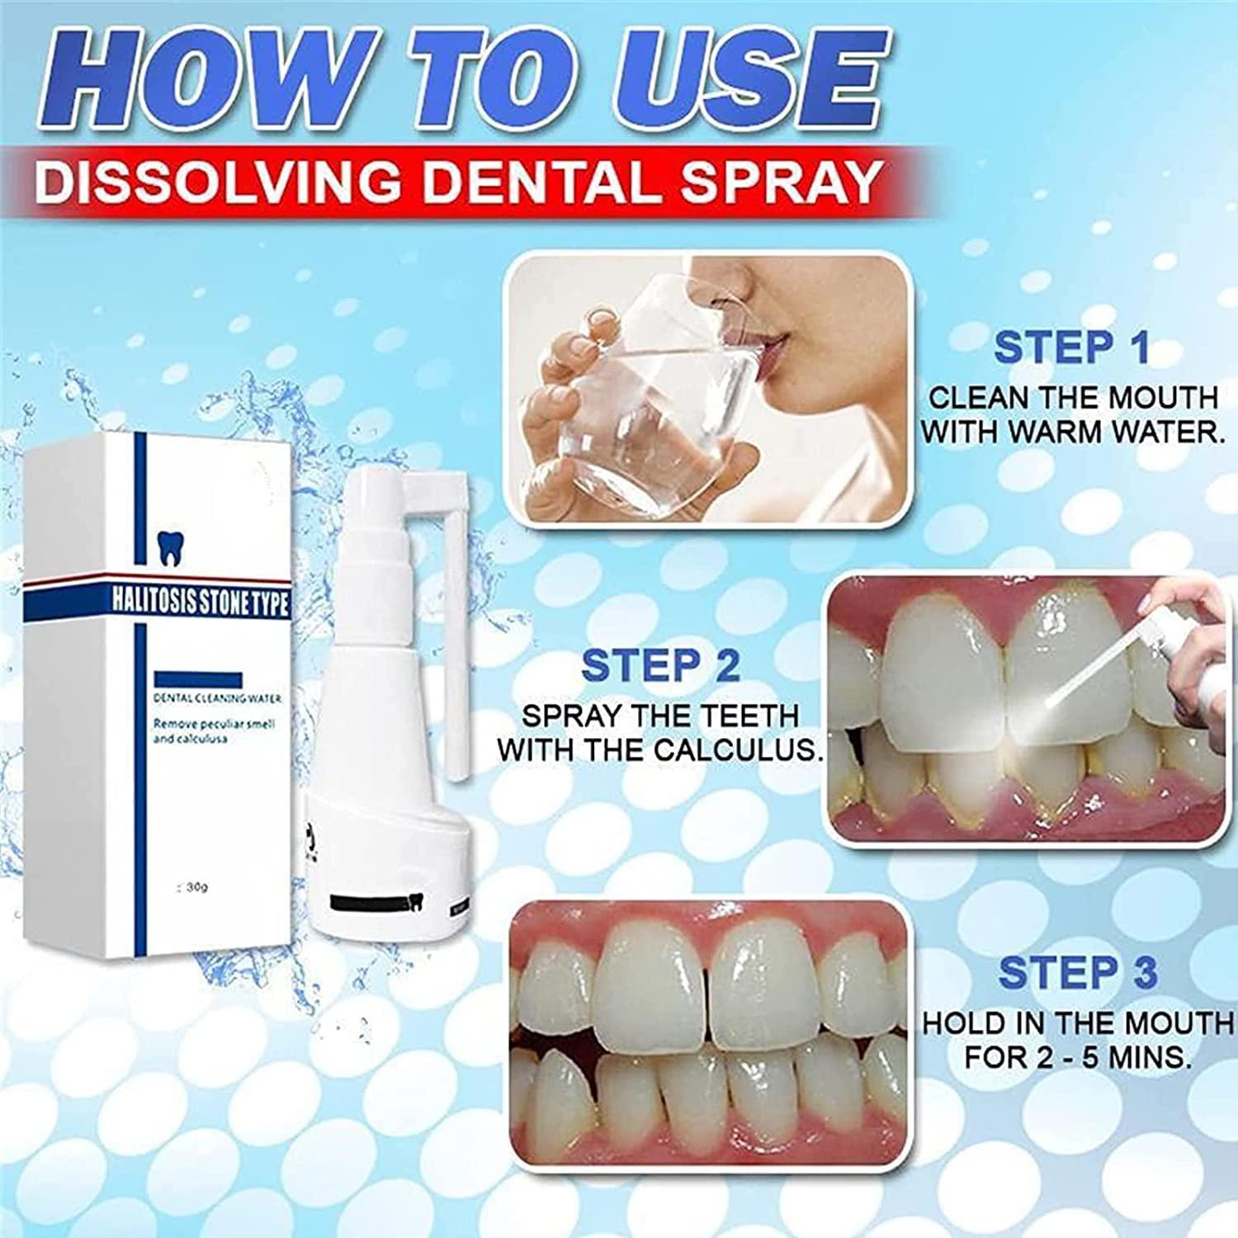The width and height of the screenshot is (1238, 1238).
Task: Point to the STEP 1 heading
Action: coord(1071,347)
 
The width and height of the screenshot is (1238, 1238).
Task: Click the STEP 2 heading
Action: coord(660,666)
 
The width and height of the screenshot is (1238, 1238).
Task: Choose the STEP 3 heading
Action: coord(1077,973)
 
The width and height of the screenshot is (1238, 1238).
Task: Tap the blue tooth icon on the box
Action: coord(168,546)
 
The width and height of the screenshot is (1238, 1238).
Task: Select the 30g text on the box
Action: coord(196,888)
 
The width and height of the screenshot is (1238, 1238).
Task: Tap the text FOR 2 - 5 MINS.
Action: coord(1077,1057)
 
